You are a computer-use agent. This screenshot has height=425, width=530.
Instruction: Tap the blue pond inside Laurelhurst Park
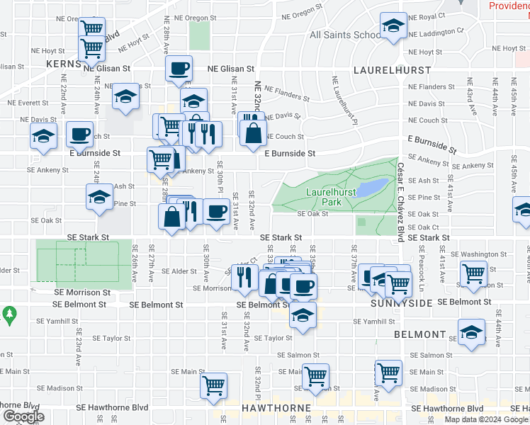pos(373,187)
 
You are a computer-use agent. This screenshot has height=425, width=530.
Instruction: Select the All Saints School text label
pos(345,34)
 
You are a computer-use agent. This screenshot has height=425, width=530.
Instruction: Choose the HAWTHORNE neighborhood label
pos(276,409)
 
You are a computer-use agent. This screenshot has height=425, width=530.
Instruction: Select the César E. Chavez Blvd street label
pos(402,198)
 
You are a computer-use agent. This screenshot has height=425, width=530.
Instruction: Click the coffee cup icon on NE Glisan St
pos(179,69)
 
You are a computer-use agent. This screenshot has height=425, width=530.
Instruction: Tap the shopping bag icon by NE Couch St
pos(253,132)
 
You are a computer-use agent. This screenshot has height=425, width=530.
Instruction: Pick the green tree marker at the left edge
pos(9,312)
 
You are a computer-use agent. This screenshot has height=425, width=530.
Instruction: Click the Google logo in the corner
pos(23,416)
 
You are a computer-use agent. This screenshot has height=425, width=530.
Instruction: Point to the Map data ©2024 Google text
pos(486,419)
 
